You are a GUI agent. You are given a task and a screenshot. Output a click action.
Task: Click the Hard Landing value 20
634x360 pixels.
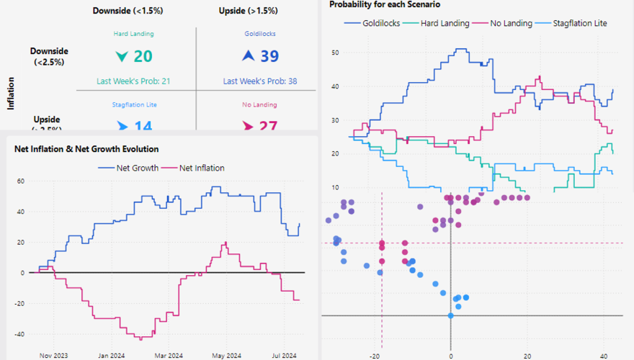[x=143, y=57]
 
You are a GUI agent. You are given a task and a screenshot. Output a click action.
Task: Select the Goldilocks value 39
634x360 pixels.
[x=269, y=57]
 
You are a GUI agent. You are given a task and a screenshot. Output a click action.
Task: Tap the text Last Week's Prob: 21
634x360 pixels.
[x=133, y=81]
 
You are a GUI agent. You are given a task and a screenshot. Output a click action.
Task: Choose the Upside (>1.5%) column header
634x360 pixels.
[x=249, y=11]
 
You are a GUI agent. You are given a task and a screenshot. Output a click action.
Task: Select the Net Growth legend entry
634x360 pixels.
[x=128, y=168]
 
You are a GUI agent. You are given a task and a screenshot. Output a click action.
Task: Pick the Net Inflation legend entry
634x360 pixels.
[x=196, y=168]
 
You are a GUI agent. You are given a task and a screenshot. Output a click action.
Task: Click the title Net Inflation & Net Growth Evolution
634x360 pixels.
[x=86, y=149]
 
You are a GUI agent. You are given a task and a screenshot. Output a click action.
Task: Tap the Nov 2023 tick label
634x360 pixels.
[x=55, y=355]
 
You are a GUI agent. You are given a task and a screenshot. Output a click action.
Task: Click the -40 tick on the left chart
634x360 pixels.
[x=19, y=334]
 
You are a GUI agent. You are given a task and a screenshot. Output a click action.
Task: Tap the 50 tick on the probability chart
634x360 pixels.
[x=336, y=53]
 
